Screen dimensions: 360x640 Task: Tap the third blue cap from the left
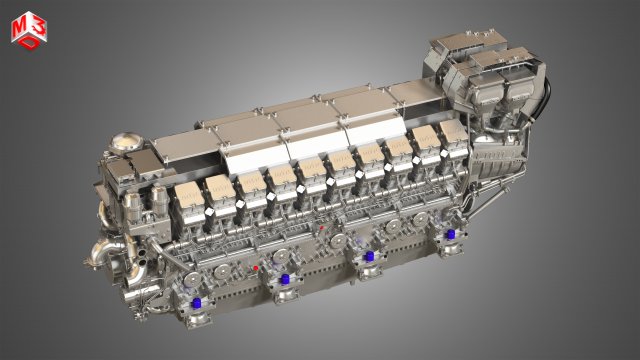coord(369,256)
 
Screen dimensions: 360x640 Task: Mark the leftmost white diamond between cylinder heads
coord(209,213)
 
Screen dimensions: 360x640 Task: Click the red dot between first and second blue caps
coord(256,268)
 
